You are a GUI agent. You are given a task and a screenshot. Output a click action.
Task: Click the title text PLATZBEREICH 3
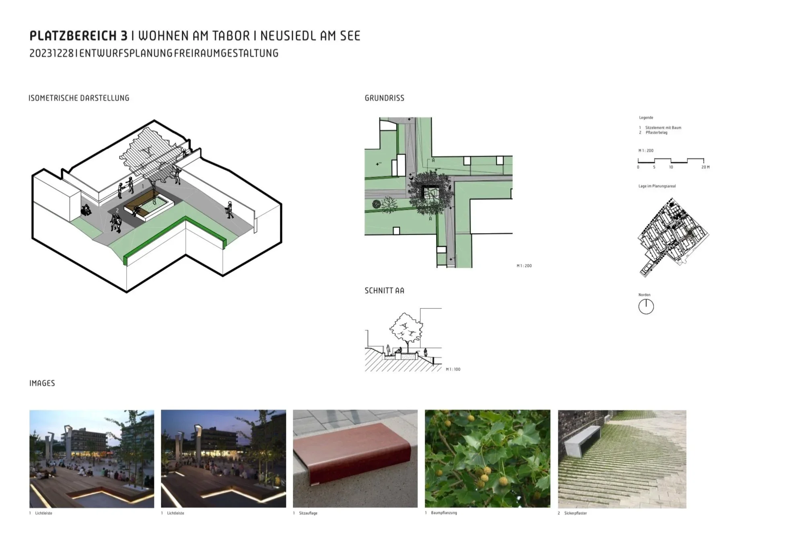[78, 36]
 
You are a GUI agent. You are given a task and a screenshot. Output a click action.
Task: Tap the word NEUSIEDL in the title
[288, 36]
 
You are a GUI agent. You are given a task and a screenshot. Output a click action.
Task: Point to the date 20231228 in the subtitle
[51, 53]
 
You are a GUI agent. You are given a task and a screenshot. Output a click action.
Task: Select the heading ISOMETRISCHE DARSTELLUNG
[79, 98]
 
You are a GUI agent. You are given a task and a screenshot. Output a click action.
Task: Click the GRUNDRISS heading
[384, 98]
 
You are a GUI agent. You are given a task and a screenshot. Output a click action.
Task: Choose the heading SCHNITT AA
[384, 291]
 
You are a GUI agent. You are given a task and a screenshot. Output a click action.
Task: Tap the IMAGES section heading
[42, 383]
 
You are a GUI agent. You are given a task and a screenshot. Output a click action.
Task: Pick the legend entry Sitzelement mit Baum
[663, 128]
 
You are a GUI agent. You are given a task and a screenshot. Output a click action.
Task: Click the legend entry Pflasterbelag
[656, 132]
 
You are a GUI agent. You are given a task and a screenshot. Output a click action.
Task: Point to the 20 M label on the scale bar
[705, 167]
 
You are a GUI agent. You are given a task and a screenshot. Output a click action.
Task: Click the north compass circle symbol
[646, 307]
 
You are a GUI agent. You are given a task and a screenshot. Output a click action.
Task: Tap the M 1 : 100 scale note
[453, 369]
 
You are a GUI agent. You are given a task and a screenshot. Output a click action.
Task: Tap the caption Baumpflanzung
[444, 513]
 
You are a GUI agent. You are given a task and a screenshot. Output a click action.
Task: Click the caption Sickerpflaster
[575, 513]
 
